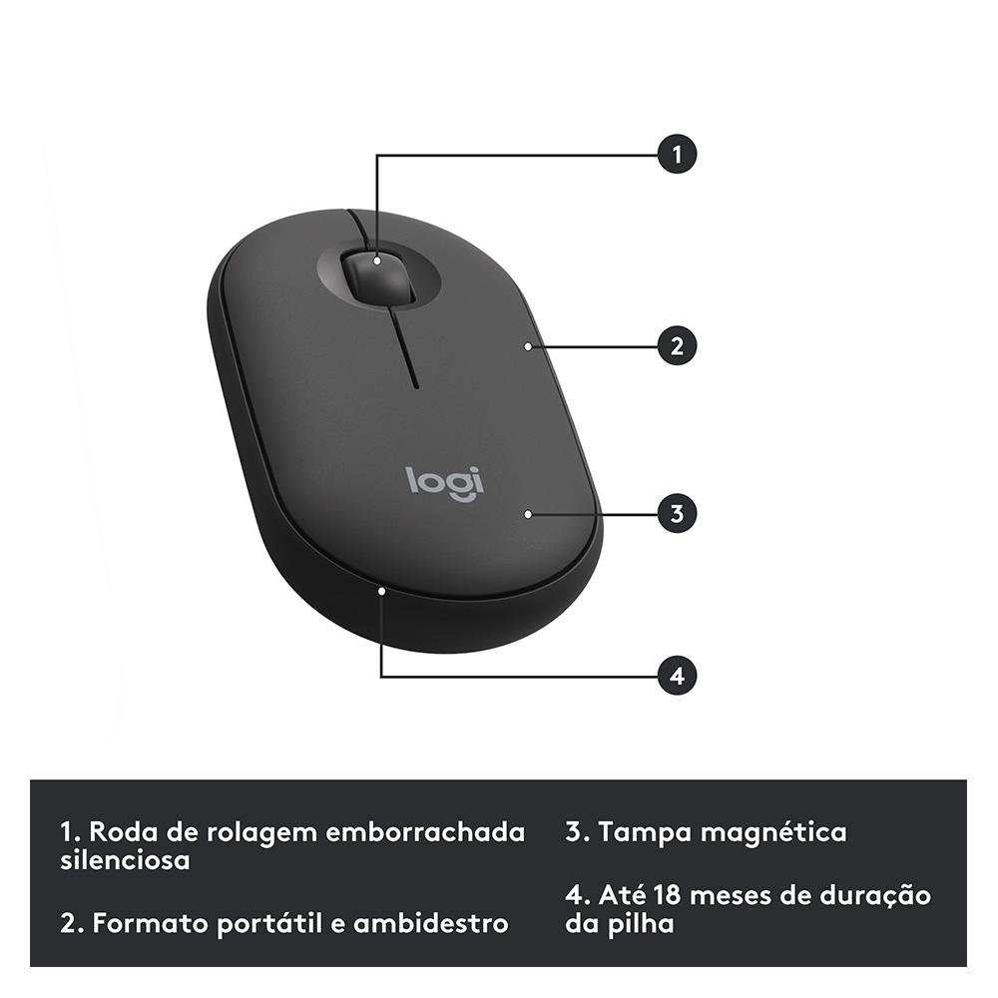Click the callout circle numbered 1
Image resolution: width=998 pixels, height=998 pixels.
(x=677, y=155)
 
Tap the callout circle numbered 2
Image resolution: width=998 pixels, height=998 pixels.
(x=677, y=346)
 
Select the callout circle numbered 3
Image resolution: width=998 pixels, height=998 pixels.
(x=677, y=514)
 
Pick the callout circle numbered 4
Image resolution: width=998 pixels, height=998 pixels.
(x=677, y=676)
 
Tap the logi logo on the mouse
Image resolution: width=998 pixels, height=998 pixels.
(x=445, y=481)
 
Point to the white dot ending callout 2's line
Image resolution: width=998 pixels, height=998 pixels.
(x=526, y=346)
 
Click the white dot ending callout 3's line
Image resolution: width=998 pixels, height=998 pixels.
(x=526, y=514)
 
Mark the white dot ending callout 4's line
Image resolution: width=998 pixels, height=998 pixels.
(x=382, y=591)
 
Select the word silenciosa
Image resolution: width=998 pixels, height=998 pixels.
(x=125, y=860)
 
